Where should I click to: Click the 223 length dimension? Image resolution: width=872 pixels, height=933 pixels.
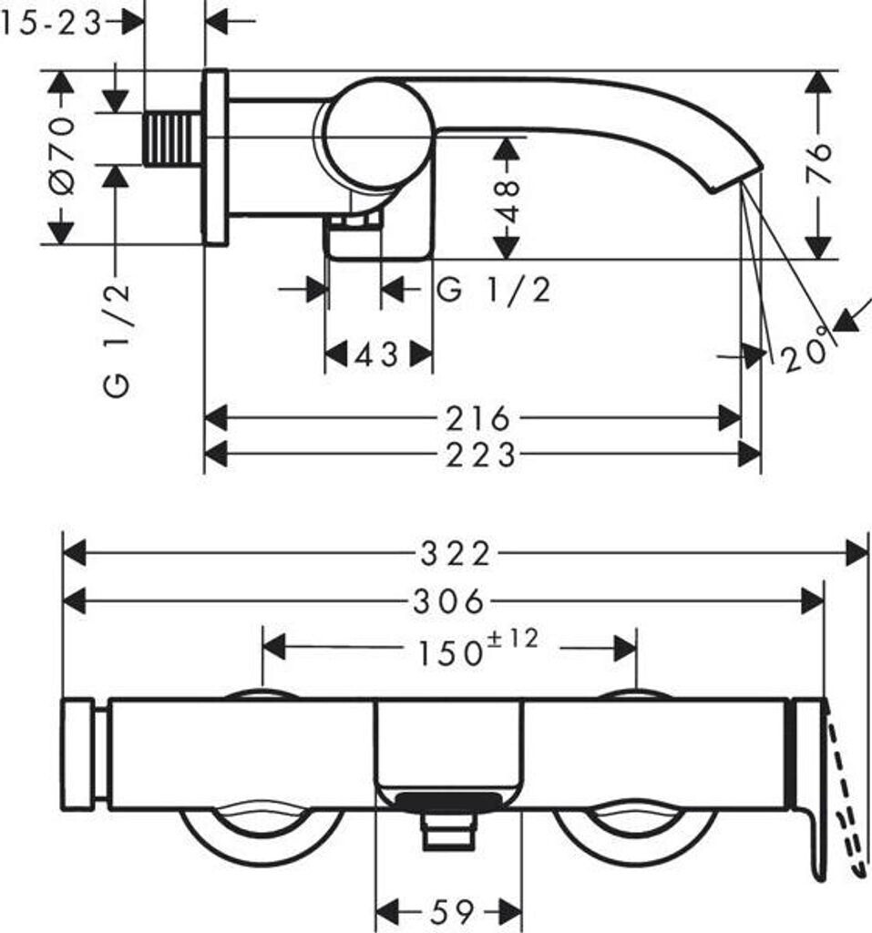tap(479, 454)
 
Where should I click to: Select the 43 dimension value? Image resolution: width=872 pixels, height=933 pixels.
tap(377, 354)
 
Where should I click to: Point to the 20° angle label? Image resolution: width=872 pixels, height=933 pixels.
tap(807, 351)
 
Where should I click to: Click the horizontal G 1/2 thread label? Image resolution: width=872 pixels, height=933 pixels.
tap(493, 291)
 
